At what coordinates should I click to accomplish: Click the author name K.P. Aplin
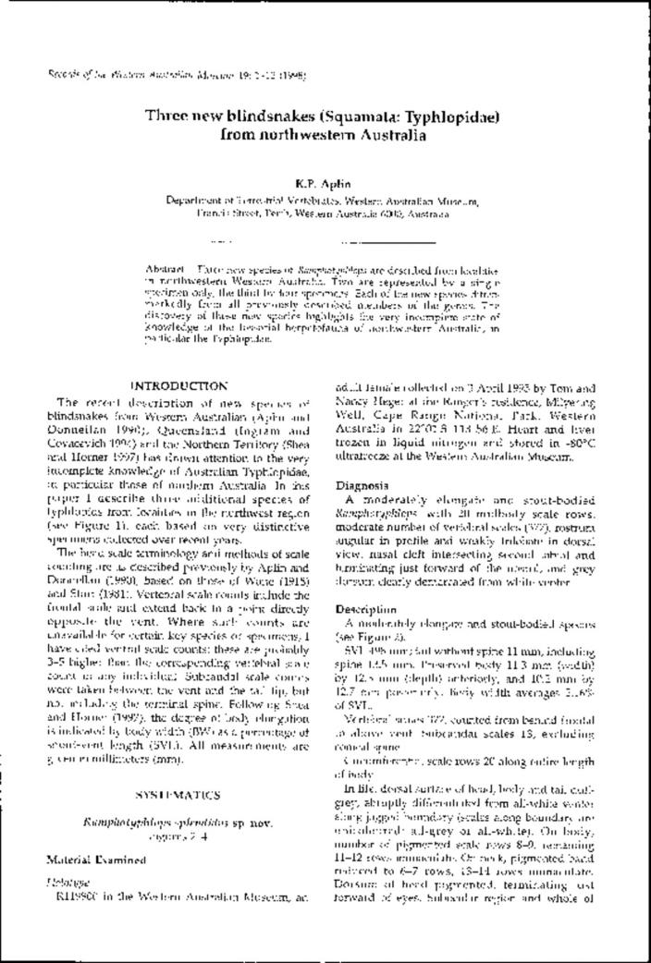pyautogui.click(x=325, y=183)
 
